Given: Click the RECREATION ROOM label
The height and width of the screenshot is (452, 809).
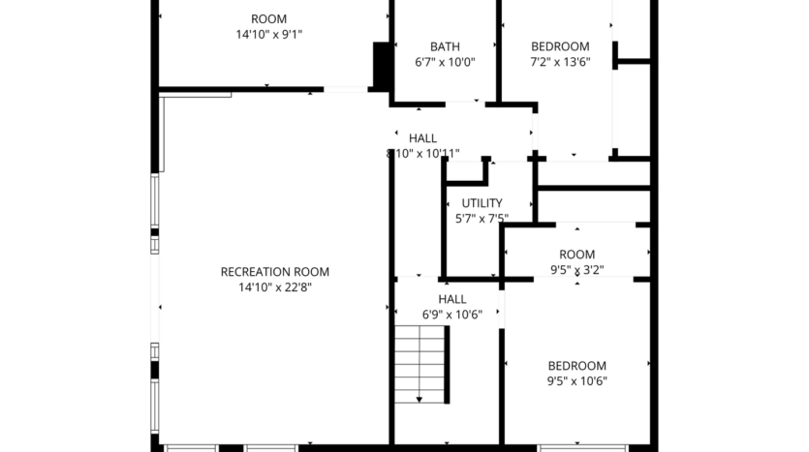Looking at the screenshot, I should [x=275, y=272].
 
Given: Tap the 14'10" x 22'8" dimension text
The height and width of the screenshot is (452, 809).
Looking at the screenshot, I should [x=275, y=286].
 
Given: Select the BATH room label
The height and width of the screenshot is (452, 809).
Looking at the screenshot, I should [x=445, y=46].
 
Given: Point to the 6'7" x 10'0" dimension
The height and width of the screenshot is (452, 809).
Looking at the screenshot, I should [x=445, y=62].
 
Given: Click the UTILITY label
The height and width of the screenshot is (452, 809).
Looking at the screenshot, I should [x=482, y=203].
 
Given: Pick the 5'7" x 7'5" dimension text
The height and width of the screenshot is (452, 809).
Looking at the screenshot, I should [x=482, y=219].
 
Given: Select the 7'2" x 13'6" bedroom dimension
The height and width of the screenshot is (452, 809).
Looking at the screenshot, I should [x=560, y=62].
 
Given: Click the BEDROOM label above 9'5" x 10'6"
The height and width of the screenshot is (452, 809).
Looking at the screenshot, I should [x=576, y=366].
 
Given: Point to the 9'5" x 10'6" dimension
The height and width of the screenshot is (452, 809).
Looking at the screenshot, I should [x=576, y=381].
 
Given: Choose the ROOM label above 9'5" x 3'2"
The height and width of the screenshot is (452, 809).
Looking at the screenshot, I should [x=577, y=256].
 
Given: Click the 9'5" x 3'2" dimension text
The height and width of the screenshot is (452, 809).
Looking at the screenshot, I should [x=577, y=271].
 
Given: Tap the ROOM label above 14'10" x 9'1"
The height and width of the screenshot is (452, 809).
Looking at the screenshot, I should [x=268, y=19].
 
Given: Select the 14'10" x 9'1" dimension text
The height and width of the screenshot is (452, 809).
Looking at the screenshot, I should [x=268, y=35].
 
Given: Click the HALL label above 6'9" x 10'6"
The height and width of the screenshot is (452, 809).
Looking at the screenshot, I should [x=451, y=300].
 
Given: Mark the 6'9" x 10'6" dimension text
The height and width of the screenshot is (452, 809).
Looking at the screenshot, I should [x=451, y=316].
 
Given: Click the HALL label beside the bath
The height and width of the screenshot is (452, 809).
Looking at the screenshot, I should [x=422, y=138].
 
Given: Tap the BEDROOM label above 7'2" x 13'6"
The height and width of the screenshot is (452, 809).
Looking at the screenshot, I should [x=560, y=46].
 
